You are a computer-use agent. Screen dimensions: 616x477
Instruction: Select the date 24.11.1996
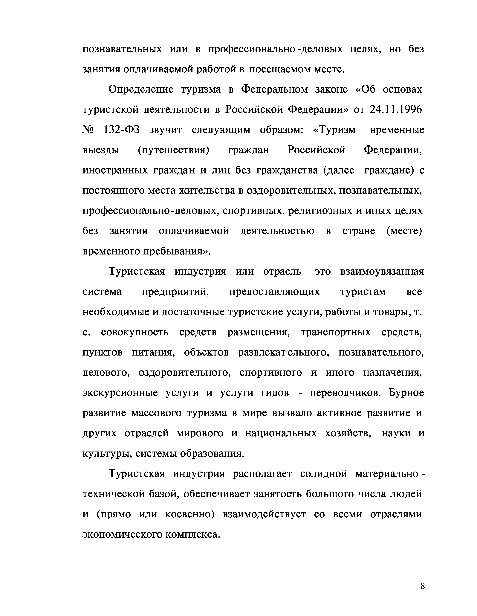(395, 110)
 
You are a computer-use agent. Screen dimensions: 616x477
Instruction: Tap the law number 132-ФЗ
(122, 130)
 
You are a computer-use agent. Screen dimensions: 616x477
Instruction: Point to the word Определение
(140, 90)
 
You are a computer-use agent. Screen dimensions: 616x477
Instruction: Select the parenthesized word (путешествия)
(173, 150)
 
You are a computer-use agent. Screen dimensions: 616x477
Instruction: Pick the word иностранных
(115, 171)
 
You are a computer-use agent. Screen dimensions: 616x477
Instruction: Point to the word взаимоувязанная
(382, 272)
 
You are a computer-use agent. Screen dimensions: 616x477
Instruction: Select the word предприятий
(175, 292)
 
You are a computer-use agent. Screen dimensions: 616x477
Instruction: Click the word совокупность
(135, 332)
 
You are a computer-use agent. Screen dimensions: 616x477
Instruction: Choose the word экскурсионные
(120, 393)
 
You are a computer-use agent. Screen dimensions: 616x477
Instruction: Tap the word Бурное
(406, 393)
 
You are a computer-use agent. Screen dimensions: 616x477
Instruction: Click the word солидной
(323, 474)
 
